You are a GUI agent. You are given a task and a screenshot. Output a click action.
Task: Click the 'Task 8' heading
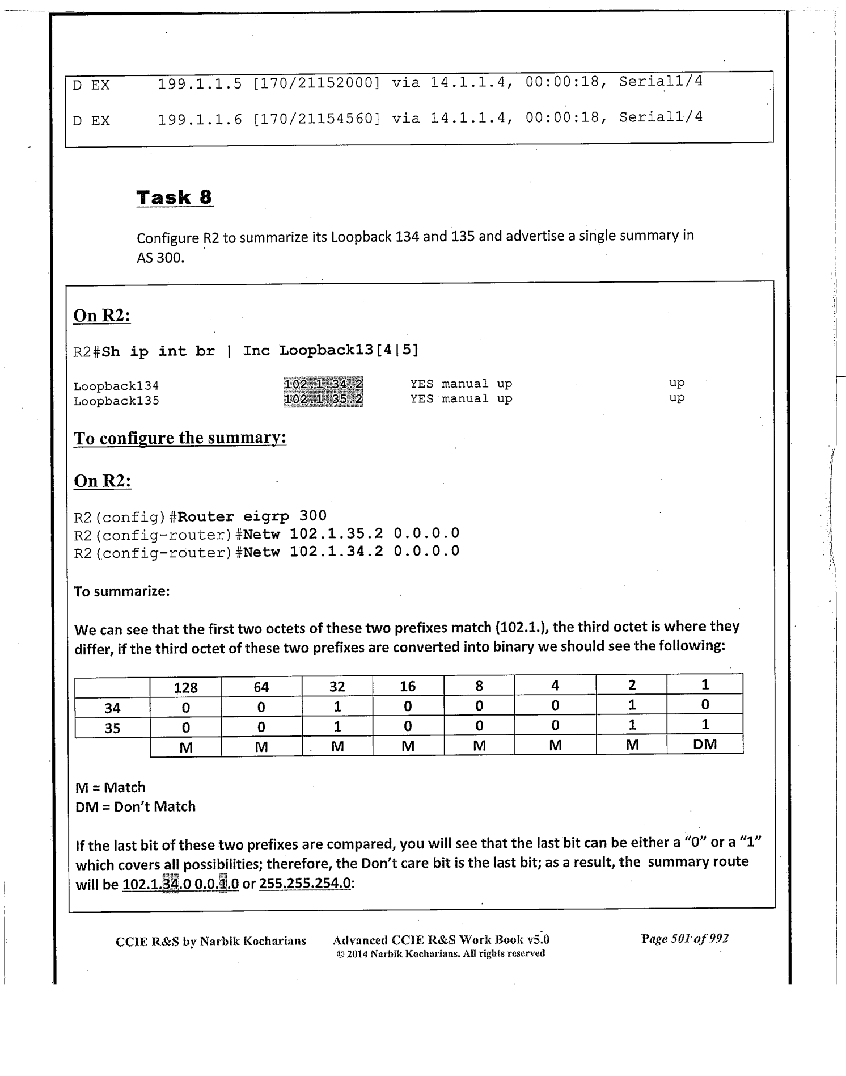point(175,197)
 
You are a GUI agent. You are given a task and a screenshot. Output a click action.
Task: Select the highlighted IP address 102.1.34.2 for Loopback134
point(323,384)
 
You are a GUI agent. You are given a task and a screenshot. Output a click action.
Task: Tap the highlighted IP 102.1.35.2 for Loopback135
point(323,400)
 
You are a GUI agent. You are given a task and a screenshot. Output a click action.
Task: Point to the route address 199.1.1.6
point(200,119)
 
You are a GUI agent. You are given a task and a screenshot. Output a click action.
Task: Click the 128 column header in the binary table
point(185,688)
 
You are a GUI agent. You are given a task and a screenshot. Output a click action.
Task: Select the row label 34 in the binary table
point(112,708)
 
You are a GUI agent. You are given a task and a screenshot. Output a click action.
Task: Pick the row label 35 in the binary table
point(112,728)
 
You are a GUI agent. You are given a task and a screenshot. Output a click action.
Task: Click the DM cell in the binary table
point(705,745)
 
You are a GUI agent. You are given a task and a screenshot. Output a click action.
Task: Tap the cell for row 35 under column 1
point(705,725)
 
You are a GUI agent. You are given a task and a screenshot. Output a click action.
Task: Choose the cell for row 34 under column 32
point(337,707)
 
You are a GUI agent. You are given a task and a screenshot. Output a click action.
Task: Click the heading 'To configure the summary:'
point(180,438)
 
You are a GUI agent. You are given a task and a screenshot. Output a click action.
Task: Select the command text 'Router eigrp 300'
point(252,516)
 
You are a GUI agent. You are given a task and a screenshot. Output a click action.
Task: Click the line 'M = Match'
point(111,788)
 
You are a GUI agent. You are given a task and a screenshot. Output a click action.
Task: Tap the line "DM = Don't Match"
point(136,807)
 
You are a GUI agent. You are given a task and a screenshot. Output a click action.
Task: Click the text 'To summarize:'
point(122,591)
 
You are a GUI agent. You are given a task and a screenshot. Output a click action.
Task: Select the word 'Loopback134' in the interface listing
point(116,386)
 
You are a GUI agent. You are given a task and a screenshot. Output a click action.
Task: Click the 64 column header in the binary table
point(261,688)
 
